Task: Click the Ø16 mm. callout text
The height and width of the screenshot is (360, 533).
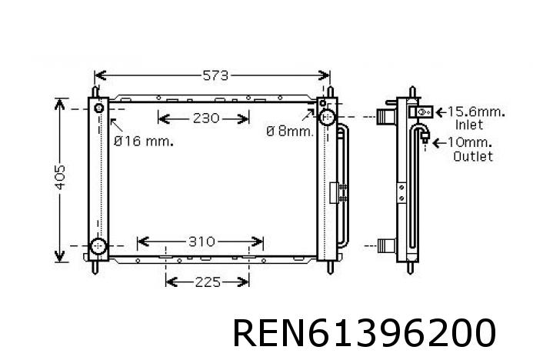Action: pyautogui.click(x=143, y=141)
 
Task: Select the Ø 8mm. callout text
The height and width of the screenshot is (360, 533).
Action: pyautogui.click(x=290, y=132)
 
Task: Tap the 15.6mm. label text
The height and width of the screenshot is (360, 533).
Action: pyautogui.click(x=476, y=112)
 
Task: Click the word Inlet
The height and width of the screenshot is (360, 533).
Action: pyautogui.click(x=470, y=125)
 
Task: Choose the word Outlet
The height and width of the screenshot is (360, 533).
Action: pyautogui.click(x=473, y=156)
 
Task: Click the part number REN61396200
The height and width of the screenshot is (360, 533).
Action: pyautogui.click(x=363, y=333)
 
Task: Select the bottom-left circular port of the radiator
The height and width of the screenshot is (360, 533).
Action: pyautogui.click(x=98, y=247)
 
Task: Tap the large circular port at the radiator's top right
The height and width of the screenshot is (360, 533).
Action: pyautogui.click(x=326, y=118)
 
